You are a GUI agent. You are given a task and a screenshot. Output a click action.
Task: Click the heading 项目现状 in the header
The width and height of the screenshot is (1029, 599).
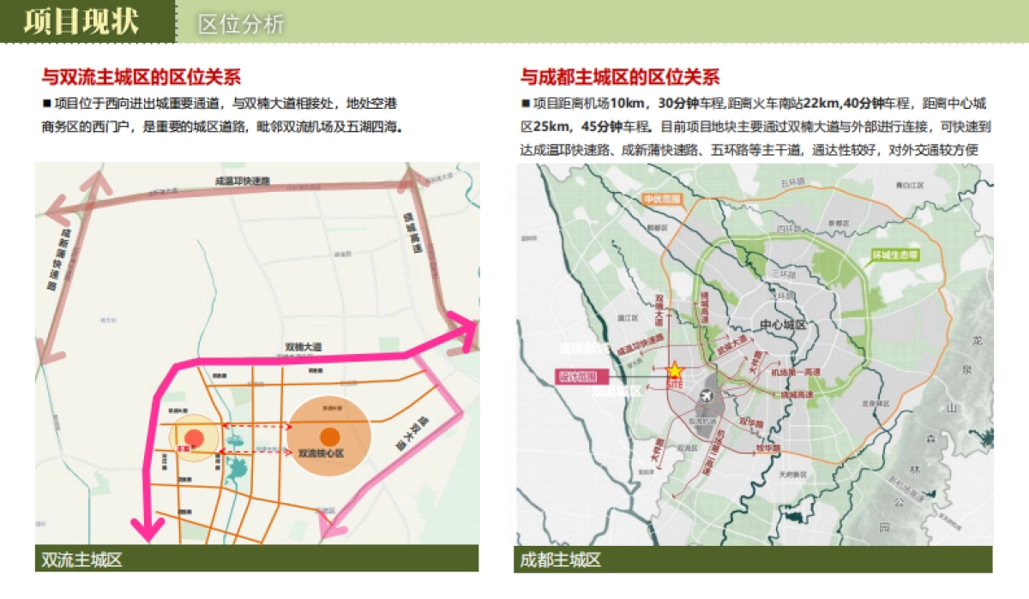point(81,21)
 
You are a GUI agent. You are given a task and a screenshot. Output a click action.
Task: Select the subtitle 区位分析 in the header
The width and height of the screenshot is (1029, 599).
point(240,24)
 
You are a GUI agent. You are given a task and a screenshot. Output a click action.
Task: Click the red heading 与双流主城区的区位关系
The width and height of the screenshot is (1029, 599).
point(141,77)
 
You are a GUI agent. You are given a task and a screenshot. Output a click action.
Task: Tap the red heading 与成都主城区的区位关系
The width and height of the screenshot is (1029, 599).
point(619,77)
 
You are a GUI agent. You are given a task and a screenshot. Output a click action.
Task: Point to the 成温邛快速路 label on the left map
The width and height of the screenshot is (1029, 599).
point(243,181)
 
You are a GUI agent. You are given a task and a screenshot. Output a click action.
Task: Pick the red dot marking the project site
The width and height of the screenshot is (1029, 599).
point(195,439)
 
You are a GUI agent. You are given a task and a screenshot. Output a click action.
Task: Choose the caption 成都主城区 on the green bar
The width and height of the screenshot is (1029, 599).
point(560,560)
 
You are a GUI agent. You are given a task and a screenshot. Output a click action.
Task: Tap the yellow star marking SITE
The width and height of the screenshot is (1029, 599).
point(675,370)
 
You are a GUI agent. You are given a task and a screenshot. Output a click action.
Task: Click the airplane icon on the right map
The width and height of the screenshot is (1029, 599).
point(707,397)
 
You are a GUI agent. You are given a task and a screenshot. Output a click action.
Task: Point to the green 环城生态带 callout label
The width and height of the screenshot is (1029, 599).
point(894,255)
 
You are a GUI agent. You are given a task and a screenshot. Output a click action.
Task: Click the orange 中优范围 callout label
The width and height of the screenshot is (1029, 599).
point(662,200)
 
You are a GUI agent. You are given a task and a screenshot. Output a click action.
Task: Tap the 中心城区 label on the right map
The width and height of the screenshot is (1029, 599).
point(783,325)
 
